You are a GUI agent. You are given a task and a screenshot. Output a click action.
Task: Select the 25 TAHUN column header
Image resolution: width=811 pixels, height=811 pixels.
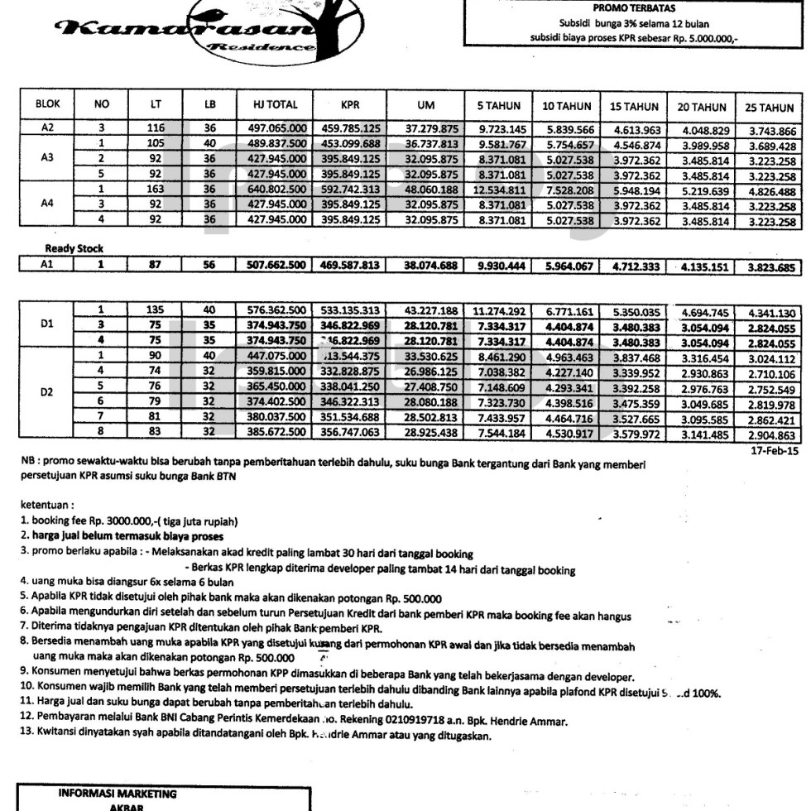pyautogui.click(x=770, y=108)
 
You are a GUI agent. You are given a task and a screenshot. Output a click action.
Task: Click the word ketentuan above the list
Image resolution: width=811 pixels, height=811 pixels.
pyautogui.click(x=42, y=501)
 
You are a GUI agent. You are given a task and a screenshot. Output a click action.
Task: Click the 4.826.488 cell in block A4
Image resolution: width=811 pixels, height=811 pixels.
pyautogui.click(x=770, y=190)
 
